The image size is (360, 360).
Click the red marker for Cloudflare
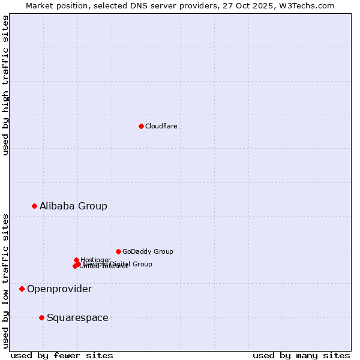(x=141, y=126)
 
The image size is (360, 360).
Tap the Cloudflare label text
(x=161, y=126)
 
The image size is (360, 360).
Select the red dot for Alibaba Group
(x=34, y=206)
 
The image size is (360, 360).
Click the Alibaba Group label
(x=73, y=206)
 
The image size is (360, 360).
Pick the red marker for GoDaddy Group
(x=118, y=251)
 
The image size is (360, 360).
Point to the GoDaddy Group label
(x=148, y=251)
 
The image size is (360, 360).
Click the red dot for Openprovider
(x=22, y=289)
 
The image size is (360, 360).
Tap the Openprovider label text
(x=59, y=289)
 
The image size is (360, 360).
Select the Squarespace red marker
(x=41, y=317)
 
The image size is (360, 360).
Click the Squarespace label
(x=77, y=317)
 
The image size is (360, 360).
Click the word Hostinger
(x=95, y=260)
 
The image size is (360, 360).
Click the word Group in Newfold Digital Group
(x=142, y=264)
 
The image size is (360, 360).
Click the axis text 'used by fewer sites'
(x=61, y=355)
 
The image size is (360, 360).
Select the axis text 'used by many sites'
(x=301, y=355)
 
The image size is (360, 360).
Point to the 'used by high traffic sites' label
(x=5, y=85)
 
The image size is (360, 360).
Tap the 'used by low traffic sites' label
(x=5, y=280)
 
